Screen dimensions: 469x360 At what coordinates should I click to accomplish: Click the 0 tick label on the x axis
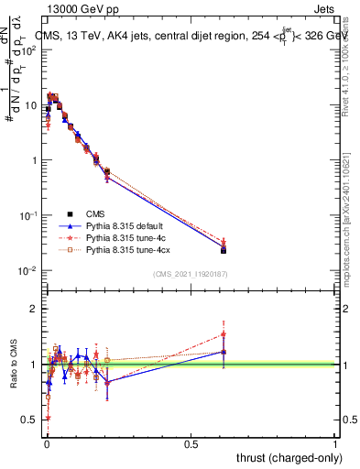click(46, 443)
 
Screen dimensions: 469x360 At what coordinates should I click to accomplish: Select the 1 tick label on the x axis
click(335, 443)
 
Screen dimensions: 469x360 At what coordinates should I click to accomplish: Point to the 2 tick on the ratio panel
click(33, 309)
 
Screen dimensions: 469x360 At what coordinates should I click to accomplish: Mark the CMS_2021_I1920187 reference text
click(191, 274)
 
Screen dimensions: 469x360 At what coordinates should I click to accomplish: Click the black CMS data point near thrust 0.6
click(224, 249)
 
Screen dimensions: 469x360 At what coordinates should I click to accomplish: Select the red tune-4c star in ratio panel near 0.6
click(224, 334)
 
